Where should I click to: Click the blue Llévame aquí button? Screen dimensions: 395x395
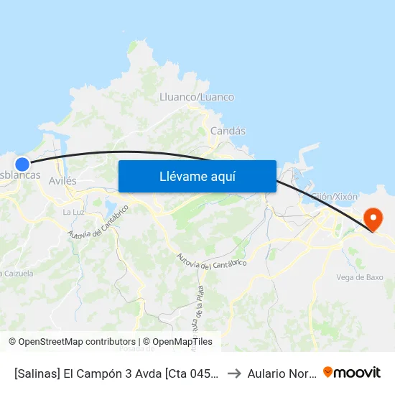[197, 177]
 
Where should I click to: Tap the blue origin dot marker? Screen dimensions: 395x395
[22, 164]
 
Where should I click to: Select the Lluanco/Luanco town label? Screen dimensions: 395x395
[197, 97]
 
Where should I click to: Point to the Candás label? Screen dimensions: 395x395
[228, 131]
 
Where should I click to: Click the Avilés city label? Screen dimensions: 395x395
[62, 181]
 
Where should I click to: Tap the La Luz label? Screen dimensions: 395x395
[73, 212]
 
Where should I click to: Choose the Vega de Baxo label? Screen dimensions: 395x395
[359, 277]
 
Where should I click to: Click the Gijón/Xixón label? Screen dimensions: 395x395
[334, 196]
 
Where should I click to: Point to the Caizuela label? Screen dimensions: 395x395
[17, 273]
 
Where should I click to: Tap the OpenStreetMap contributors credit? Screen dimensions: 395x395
[72, 342]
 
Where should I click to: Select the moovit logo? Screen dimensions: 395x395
[352, 372]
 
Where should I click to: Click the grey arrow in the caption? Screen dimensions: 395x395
[234, 373]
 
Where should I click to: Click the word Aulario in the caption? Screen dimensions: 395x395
[268, 373]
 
